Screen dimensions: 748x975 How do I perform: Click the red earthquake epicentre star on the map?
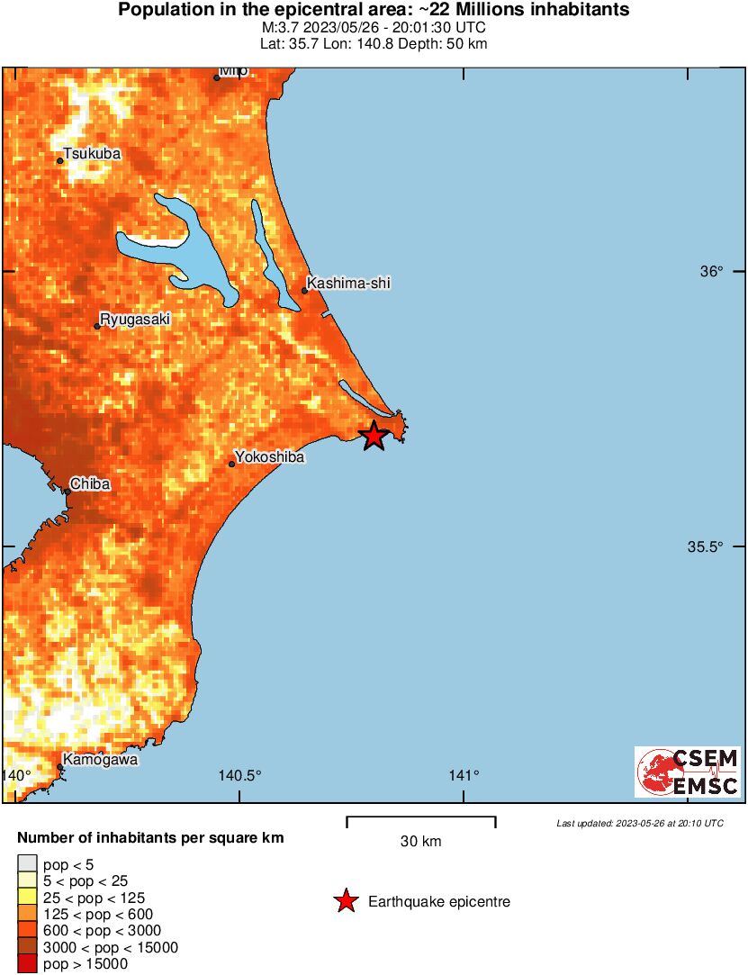coord(374,437)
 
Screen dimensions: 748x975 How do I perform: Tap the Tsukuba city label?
coord(92,154)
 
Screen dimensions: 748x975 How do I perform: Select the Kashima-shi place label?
coord(349,284)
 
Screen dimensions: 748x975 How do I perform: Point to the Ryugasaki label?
coord(134,319)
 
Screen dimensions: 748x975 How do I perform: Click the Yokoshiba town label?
coord(269,457)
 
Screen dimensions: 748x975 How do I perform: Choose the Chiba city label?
coord(90,484)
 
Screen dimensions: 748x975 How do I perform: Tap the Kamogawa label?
coord(100,760)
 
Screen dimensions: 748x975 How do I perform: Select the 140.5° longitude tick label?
coord(239,776)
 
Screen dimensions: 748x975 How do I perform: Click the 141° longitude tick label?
coord(464,776)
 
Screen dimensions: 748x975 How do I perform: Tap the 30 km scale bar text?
coord(420,842)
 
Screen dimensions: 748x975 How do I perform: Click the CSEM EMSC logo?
coord(688,772)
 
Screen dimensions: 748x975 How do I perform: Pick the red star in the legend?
coord(346,900)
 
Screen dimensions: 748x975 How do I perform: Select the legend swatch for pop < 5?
coord(28,864)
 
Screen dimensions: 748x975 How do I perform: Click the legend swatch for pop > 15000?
coord(28,964)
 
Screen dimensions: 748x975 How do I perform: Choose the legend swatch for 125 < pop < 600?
coord(28,914)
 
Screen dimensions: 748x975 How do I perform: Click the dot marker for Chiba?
coord(68,492)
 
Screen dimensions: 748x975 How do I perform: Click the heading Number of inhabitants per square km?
coord(150,838)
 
